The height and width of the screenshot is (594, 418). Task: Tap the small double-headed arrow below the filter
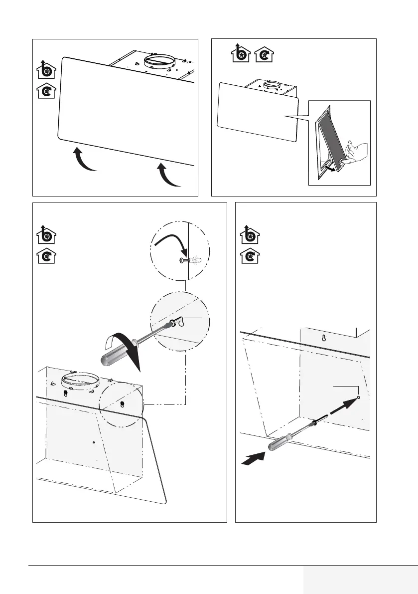(x=329, y=168)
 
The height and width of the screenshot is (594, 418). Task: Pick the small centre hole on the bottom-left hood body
(x=94, y=441)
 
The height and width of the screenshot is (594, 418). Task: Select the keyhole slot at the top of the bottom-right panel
(x=323, y=338)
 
